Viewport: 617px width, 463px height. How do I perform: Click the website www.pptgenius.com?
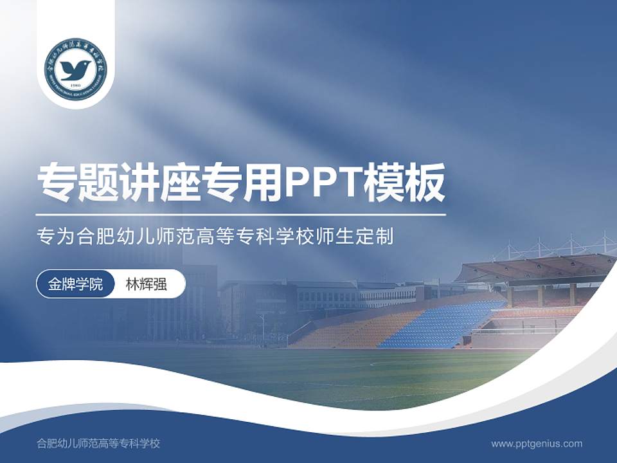pyautogui.click(x=537, y=443)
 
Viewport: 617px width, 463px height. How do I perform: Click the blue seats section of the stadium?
pyautogui.click(x=443, y=325)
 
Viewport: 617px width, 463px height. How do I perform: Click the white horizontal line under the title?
pyautogui.click(x=241, y=214)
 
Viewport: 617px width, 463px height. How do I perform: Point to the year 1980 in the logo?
pyautogui.click(x=76, y=84)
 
